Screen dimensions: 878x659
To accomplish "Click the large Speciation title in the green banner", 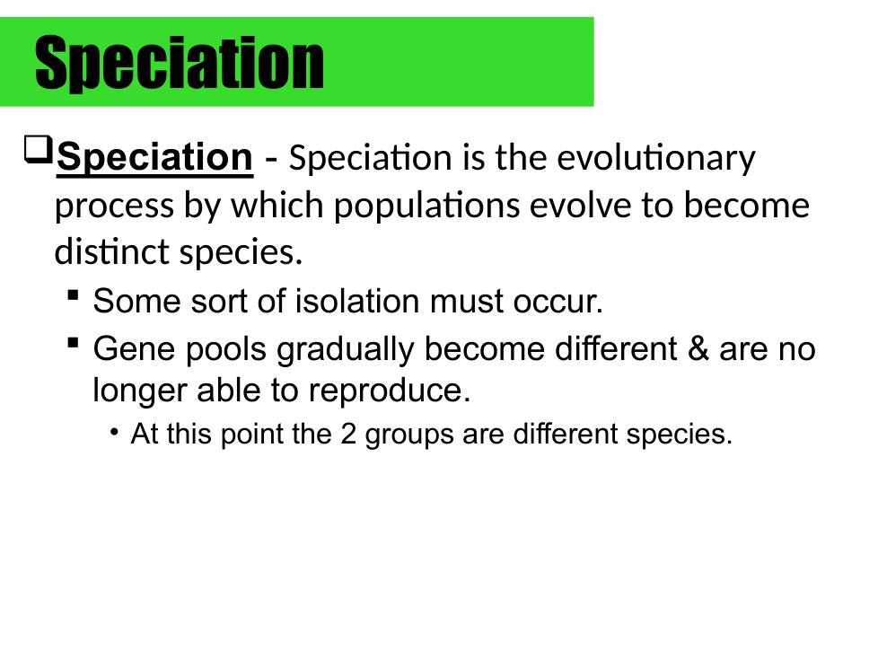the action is [180, 63].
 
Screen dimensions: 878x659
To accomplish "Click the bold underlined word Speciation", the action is [154, 158].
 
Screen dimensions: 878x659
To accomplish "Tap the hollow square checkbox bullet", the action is [38, 150].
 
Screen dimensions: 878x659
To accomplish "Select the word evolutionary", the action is [655, 158].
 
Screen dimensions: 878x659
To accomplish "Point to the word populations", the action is [426, 206].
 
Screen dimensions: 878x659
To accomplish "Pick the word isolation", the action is [356, 302].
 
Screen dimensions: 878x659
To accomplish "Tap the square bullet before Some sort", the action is [72, 294].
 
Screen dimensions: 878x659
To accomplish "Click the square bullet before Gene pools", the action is [72, 342].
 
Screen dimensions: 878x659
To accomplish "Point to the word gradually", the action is [345, 350].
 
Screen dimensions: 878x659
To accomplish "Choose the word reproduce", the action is [389, 391].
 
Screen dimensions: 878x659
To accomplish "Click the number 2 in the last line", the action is [348, 434].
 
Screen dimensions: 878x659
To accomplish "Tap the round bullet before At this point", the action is [115, 432].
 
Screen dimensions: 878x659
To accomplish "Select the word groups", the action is [409, 435].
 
